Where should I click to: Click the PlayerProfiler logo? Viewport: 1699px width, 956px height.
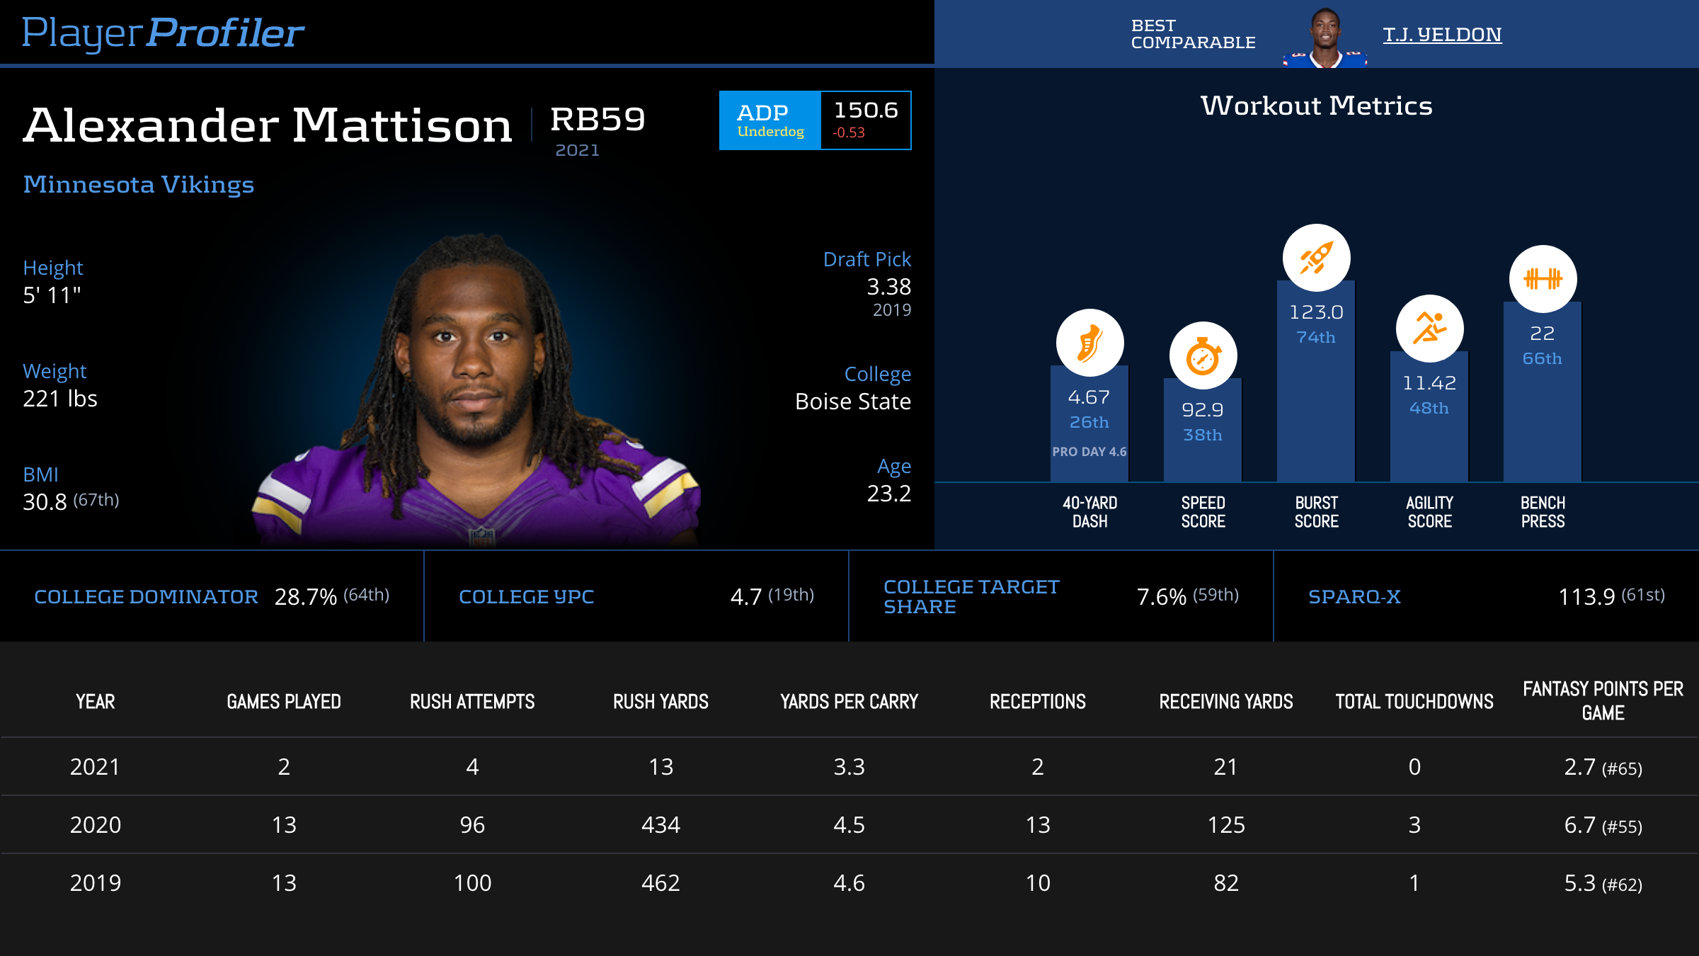point(163,33)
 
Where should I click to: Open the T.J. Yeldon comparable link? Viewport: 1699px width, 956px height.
point(1442,35)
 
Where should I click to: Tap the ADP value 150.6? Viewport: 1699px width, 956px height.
point(866,110)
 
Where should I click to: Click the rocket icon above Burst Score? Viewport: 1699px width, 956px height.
point(1316,258)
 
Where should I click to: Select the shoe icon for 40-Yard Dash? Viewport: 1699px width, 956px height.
point(1089,343)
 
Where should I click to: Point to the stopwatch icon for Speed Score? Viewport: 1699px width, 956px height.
point(1203,355)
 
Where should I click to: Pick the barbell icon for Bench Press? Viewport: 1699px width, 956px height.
point(1543,278)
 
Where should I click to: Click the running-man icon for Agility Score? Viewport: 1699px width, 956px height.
point(1429,329)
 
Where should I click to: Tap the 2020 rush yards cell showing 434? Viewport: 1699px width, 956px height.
point(660,825)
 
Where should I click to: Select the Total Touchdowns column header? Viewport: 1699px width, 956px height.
point(1414,702)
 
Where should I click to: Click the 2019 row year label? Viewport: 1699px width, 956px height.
point(96,883)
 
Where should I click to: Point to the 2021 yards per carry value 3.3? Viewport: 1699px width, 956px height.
point(849,767)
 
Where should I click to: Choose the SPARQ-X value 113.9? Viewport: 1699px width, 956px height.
point(1586,597)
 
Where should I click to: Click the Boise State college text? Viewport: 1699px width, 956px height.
point(852,402)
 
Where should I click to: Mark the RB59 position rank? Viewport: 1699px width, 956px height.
point(597,119)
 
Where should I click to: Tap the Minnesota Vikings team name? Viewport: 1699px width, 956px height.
point(139,185)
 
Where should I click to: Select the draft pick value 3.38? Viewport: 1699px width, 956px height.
point(888,287)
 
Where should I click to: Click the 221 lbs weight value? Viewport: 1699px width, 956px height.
point(60,399)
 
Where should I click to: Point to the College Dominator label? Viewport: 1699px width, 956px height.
point(146,597)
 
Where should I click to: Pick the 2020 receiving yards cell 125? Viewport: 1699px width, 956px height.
point(1225,825)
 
